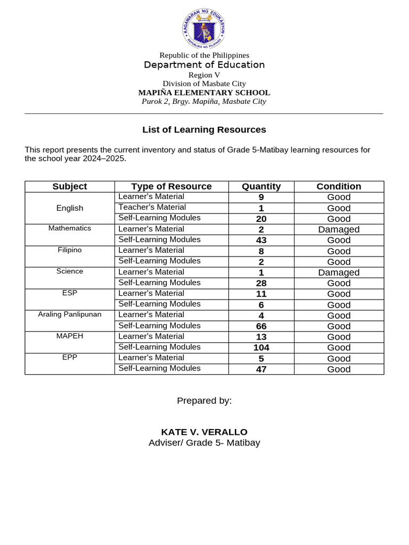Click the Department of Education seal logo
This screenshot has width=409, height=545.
[x=204, y=29]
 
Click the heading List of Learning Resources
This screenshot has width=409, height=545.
[x=204, y=129]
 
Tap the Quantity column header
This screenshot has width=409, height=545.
[x=261, y=186]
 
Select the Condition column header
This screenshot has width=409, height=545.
[x=339, y=186]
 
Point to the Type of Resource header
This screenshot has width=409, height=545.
[x=171, y=186]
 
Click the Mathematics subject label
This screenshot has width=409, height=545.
[x=70, y=228]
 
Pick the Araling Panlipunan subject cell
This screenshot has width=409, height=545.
[x=70, y=315]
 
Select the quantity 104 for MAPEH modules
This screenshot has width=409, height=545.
[x=261, y=348]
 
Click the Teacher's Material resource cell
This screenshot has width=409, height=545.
[x=145, y=208]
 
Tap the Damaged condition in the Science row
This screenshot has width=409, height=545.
[x=339, y=272]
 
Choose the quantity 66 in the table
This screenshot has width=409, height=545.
[x=261, y=326]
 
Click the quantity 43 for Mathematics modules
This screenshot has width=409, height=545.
[x=261, y=240]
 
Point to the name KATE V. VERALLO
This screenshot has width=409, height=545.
[x=204, y=432]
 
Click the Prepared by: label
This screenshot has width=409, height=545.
[x=204, y=401]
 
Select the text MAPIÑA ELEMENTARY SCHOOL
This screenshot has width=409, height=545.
[x=204, y=93]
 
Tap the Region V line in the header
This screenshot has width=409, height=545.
[x=204, y=75]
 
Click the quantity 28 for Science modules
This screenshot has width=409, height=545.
[x=261, y=283]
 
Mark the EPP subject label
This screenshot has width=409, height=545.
[x=70, y=357]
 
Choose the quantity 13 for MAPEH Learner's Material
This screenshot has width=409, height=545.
[x=261, y=337]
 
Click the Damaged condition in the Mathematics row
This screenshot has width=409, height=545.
[x=339, y=229]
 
